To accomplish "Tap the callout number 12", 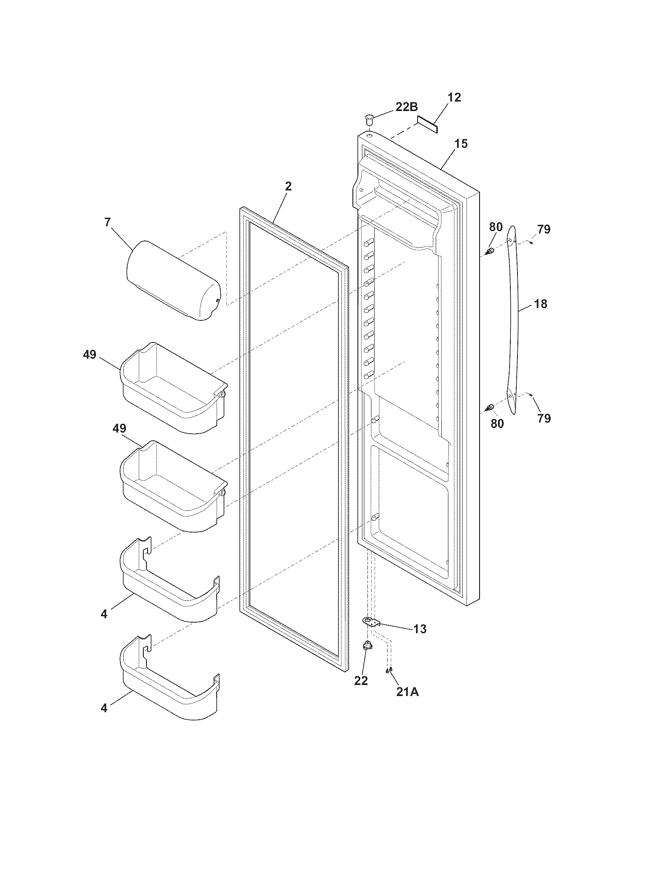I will pyautogui.click(x=454, y=98).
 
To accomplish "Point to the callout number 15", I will pyautogui.click(x=461, y=144).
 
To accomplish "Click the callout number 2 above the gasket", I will pyautogui.click(x=289, y=186).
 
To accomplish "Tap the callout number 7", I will pyautogui.click(x=108, y=222).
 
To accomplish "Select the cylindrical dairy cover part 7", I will pyautogui.click(x=173, y=280).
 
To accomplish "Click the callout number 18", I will pyautogui.click(x=540, y=304).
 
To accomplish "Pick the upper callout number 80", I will pyautogui.click(x=496, y=228).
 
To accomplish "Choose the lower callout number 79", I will pyautogui.click(x=544, y=418).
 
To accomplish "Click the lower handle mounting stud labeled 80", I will pyautogui.click(x=491, y=406).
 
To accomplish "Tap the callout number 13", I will pyautogui.click(x=420, y=629).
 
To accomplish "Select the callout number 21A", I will pyautogui.click(x=407, y=692).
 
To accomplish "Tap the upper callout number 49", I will pyautogui.click(x=90, y=354).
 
